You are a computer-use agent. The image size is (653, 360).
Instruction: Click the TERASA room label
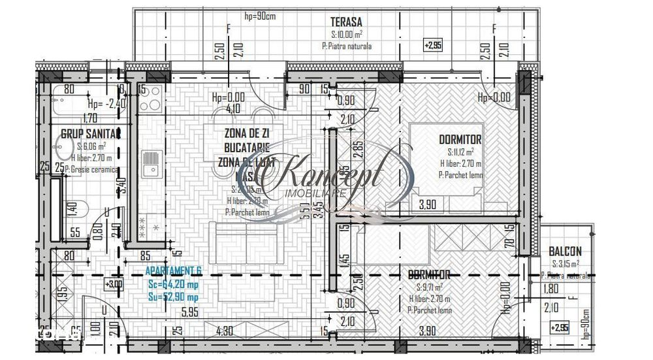(347, 21)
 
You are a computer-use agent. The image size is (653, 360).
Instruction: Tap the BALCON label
(565, 252)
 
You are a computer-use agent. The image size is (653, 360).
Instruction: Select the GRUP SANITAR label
(91, 134)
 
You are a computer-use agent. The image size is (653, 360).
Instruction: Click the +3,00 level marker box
(114, 284)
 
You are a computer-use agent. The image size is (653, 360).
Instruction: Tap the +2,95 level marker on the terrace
(433, 46)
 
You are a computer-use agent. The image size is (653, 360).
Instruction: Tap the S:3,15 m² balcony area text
(567, 264)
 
